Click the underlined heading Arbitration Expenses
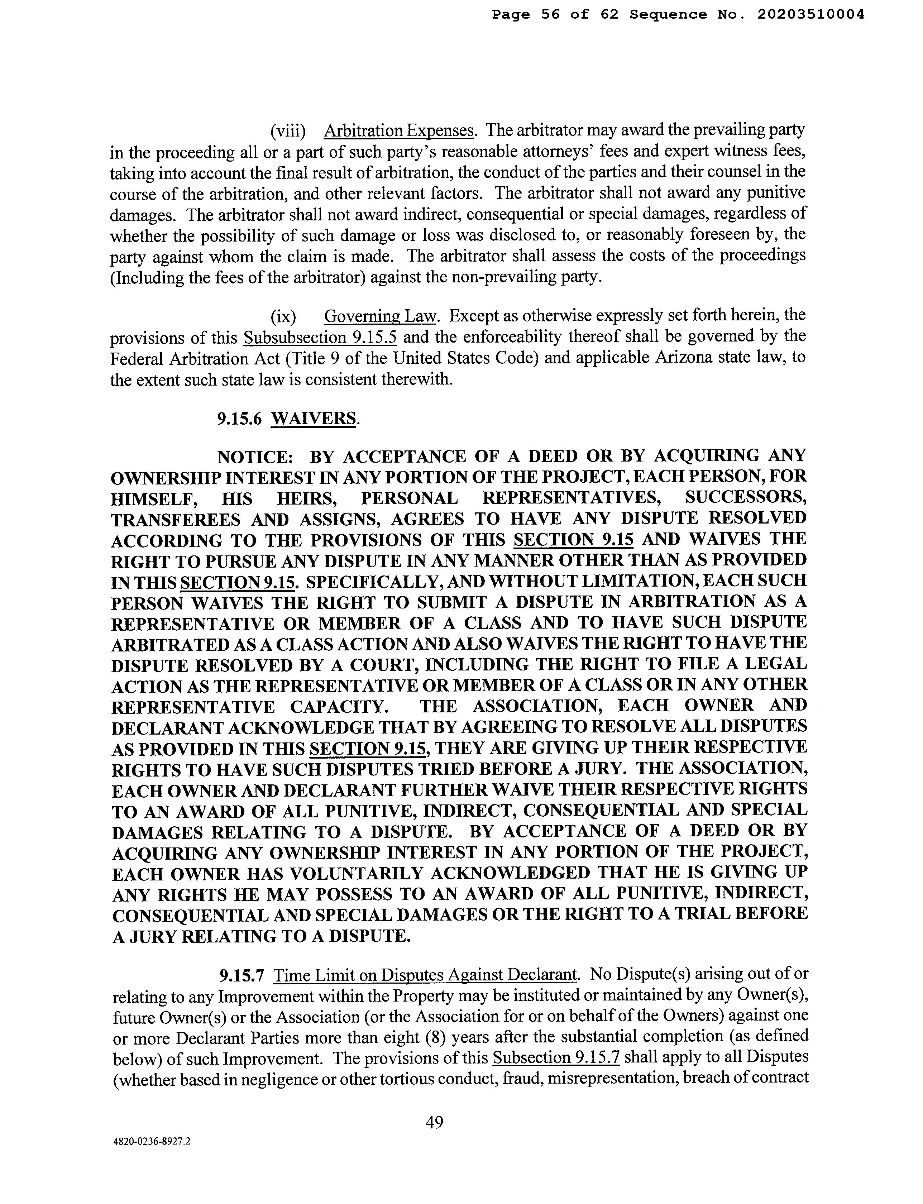pyautogui.click(x=399, y=131)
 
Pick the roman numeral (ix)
pyautogui.click(x=283, y=316)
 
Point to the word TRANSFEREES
pyautogui.click(x=176, y=519)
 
